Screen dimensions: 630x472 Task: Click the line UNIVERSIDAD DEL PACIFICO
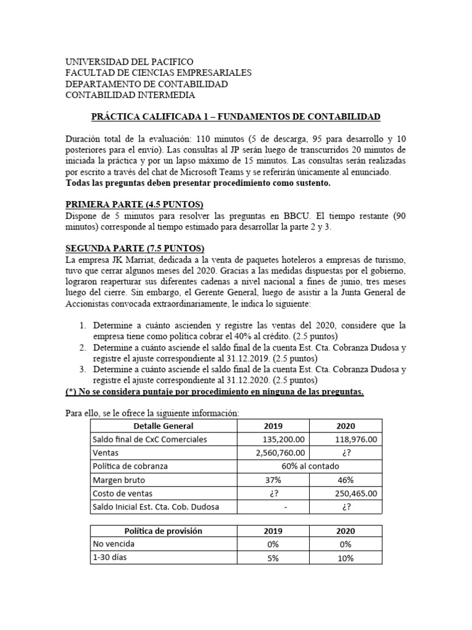[129, 62]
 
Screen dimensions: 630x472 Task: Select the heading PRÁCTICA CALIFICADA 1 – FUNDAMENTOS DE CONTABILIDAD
[235, 116]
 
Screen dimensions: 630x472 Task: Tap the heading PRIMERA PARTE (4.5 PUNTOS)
[134, 204]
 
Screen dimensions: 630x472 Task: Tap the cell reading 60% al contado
[311, 466]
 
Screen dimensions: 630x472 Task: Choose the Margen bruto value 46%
[345, 479]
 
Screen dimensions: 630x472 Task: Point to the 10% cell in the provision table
[345, 558]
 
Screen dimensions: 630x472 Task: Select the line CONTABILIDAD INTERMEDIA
[130, 95]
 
